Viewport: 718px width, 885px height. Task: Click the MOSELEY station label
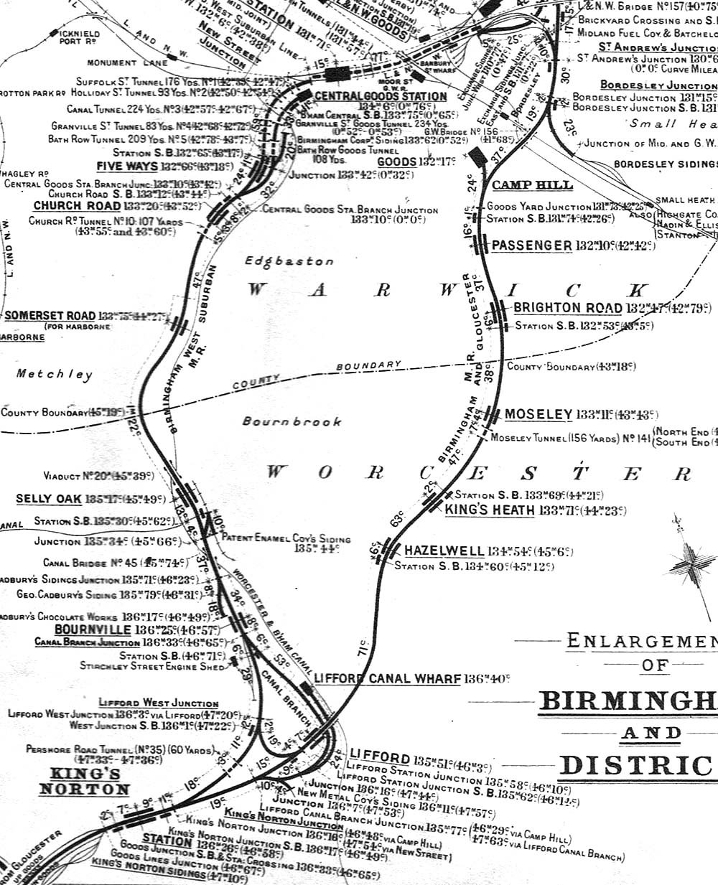pos(538,415)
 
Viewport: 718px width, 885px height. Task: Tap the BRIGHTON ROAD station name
pos(567,308)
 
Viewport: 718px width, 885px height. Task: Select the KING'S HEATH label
pos(490,510)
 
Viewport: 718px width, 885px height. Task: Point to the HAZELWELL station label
pos(444,551)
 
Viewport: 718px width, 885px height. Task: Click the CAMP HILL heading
pos(532,185)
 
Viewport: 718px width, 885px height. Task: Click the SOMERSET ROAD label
pos(50,316)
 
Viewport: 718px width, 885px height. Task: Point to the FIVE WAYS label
pos(127,167)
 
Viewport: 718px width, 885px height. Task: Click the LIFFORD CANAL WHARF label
pos(387,678)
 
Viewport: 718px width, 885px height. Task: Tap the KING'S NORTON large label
pos(85,782)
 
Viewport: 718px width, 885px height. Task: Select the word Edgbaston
pos(289,262)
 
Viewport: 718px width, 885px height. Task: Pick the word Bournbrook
pos(292,421)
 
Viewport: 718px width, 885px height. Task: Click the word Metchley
pos(55,374)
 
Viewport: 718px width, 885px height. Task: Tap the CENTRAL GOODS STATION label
pos(381,96)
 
